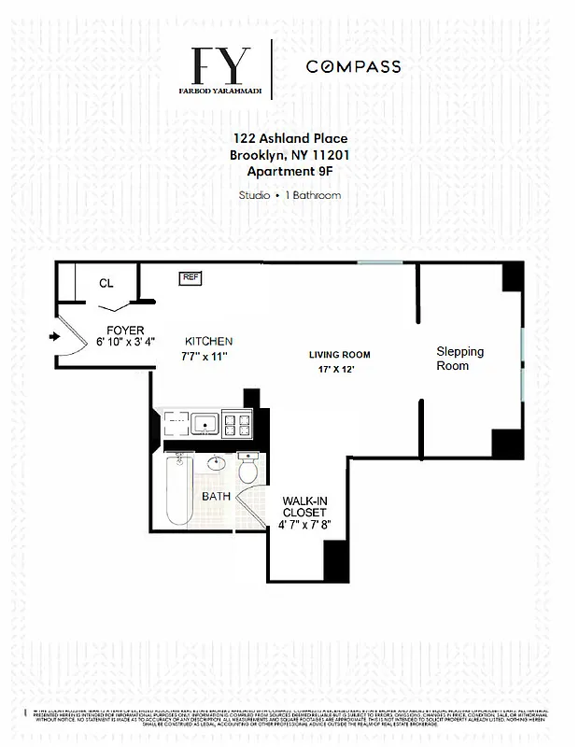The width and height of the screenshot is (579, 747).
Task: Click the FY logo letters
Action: pos(222,65)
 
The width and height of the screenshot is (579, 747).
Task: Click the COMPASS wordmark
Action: pos(353,66)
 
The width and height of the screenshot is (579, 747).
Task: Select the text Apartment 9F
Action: pos(290,171)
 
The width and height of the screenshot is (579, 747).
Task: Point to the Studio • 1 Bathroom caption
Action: pos(290,195)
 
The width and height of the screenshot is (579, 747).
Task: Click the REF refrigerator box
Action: pos(191,277)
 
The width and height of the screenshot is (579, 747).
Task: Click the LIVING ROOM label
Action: pos(340,355)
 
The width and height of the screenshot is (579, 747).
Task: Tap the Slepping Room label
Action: pos(460,359)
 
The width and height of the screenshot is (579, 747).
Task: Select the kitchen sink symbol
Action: pos(205,425)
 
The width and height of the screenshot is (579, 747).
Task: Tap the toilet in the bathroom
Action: pos(249,469)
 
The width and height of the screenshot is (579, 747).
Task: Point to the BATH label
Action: pos(217,496)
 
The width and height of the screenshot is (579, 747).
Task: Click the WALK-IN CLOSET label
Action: pos(304,507)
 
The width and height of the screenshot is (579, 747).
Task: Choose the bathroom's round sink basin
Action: pos(218,462)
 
